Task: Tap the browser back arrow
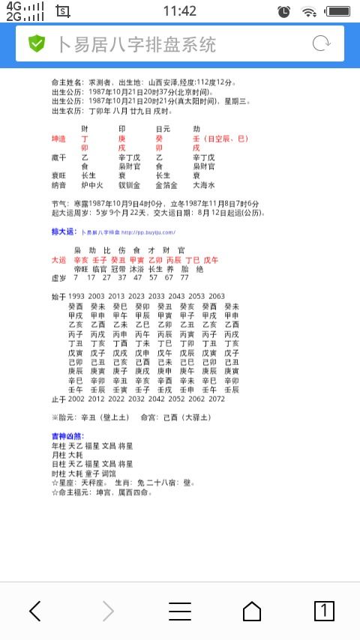tap(34, 611)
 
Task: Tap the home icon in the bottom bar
tap(252, 611)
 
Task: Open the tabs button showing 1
tap(323, 611)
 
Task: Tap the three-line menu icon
tap(180, 611)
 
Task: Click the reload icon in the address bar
tap(321, 43)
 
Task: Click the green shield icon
tap(37, 43)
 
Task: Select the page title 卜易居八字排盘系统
tap(136, 44)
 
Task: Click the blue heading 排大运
tap(62, 232)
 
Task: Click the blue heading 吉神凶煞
tap(67, 436)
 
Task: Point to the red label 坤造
tap(59, 139)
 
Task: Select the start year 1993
tap(76, 297)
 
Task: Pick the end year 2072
tap(217, 399)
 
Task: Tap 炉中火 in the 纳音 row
tap(91, 185)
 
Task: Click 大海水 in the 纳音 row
tap(205, 185)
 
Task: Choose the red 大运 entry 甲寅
tap(136, 260)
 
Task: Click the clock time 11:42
tap(179, 11)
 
